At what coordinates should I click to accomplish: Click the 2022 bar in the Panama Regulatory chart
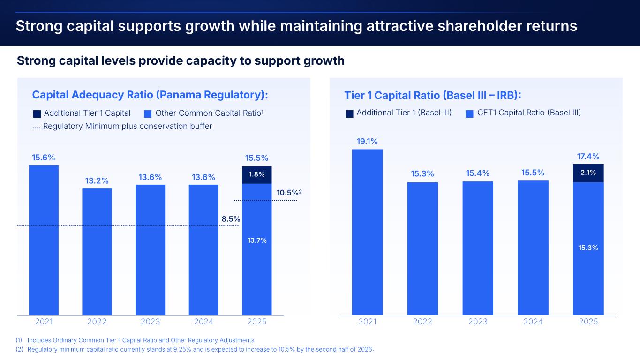97,251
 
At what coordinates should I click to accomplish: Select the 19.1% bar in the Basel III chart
367,232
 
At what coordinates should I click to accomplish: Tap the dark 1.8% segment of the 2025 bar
257,174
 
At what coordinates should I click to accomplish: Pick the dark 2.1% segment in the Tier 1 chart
588,172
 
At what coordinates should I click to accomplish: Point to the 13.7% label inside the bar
257,240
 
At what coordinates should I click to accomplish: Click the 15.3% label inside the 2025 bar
588,247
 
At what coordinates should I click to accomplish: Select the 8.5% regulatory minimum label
231,219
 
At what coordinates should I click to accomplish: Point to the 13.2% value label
97,180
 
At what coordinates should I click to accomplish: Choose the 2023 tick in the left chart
150,322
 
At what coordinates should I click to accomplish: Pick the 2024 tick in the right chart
533,322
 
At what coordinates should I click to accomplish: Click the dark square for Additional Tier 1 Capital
37,113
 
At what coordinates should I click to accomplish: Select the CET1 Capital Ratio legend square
469,113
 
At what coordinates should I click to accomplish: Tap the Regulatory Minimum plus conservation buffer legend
123,126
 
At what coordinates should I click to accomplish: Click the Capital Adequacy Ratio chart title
150,95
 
